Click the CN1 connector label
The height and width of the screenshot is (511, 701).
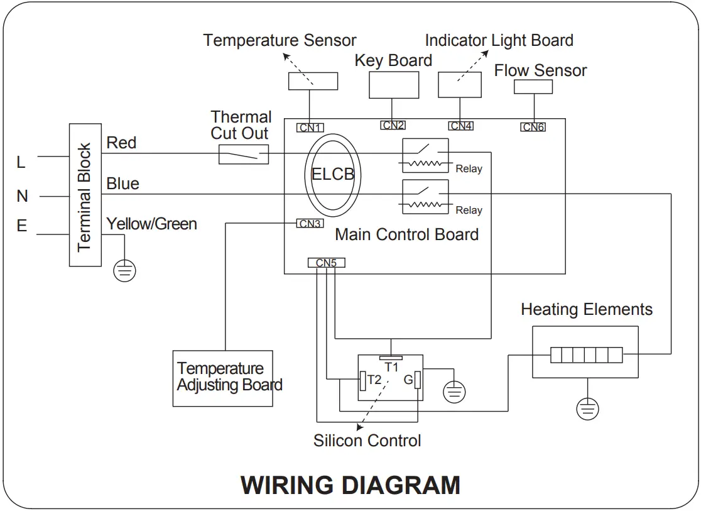pos(310,128)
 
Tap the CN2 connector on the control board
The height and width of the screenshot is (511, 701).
pos(393,125)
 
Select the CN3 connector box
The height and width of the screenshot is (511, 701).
pos(310,223)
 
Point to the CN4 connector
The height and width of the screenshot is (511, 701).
pos(461,126)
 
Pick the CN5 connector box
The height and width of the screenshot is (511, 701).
pos(327,263)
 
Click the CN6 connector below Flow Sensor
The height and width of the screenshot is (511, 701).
pos(533,127)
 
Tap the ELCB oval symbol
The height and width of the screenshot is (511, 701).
pos(333,175)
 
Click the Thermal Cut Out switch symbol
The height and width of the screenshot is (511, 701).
pos(244,154)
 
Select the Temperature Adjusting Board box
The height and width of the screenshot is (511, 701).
pos(222,378)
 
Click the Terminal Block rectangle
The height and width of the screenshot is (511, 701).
pos(85,195)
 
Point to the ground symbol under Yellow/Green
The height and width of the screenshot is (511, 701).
pos(125,271)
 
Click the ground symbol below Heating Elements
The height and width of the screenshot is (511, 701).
pos(587,409)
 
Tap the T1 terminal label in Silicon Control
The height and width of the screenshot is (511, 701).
pos(391,367)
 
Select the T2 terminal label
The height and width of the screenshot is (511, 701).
pos(374,380)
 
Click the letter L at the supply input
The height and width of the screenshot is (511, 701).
pos(21,162)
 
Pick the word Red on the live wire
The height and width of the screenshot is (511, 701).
pos(121,143)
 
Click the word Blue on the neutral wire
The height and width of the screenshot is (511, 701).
pos(122,184)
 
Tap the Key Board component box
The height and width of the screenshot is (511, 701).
pos(394,85)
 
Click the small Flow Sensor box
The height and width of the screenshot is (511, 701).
pos(533,87)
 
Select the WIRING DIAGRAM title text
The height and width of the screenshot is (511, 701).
pos(350,485)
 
